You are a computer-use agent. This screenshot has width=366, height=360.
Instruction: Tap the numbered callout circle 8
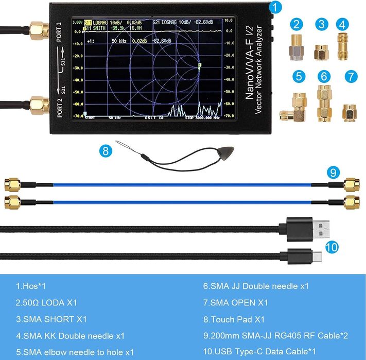click(106, 151)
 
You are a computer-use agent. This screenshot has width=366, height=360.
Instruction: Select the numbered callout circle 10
click(333, 247)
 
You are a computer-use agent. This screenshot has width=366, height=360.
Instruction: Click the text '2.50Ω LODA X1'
click(46, 302)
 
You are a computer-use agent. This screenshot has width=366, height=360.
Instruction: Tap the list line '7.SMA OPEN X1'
click(236, 302)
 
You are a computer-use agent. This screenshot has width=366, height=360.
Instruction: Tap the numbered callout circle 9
click(333, 172)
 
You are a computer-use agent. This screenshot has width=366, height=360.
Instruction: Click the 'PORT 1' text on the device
click(58, 31)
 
